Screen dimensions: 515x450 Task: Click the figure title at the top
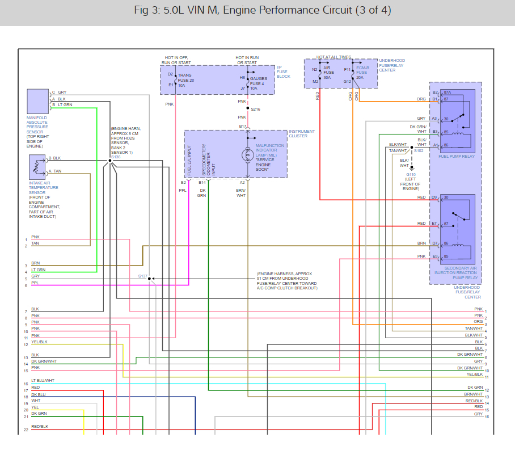click(263, 10)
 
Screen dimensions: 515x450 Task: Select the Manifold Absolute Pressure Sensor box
click(38, 101)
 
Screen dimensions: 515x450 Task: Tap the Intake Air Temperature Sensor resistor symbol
click(37, 167)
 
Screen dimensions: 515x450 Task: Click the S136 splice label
click(116, 157)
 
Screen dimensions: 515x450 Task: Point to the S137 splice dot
click(149, 279)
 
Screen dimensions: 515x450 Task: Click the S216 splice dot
click(248, 108)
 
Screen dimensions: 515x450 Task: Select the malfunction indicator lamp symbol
click(248, 155)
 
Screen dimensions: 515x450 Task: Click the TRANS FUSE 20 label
click(186, 80)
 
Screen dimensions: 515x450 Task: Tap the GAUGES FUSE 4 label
click(259, 83)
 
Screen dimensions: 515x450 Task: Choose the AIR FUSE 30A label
click(328, 73)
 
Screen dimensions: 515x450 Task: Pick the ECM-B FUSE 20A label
click(362, 73)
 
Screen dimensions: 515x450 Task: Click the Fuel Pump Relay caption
click(457, 157)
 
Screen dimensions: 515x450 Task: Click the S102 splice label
click(419, 150)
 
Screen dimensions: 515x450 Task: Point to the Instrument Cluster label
click(302, 133)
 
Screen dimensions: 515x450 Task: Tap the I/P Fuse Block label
click(284, 72)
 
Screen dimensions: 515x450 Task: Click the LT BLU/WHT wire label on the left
click(43, 381)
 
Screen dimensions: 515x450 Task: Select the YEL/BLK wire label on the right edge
click(475, 375)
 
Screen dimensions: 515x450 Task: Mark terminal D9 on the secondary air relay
click(434, 197)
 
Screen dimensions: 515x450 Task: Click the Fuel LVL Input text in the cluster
click(189, 160)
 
